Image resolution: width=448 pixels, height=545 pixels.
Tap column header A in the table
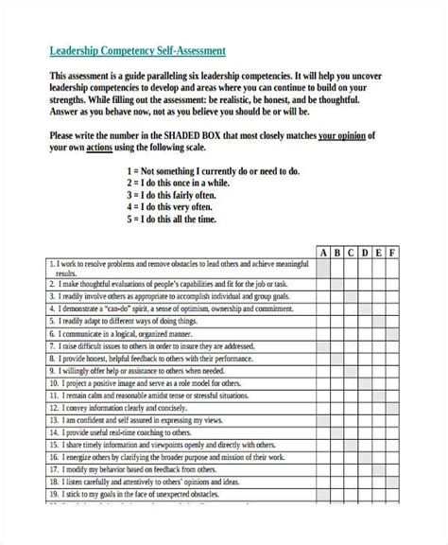(322, 253)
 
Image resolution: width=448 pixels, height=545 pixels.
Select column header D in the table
(365, 253)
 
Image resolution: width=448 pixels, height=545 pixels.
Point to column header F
(393, 253)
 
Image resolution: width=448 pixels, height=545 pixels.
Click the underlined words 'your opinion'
(344, 135)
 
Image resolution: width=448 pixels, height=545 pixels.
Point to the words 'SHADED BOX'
(198, 135)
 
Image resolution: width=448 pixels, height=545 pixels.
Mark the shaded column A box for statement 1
(322, 268)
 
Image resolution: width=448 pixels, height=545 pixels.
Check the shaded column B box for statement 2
(336, 282)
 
